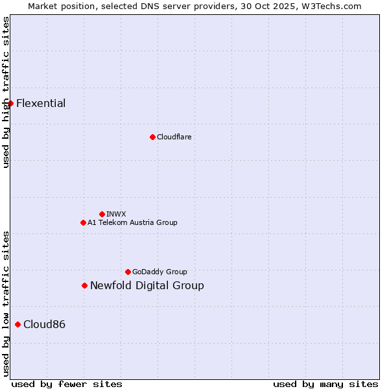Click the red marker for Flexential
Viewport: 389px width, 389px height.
(x=10, y=104)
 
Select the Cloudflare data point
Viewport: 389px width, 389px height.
(x=152, y=137)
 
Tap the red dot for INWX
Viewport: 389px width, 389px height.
(x=102, y=214)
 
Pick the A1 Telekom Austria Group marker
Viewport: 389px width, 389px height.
(x=83, y=222)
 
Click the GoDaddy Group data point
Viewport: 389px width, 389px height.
(x=128, y=272)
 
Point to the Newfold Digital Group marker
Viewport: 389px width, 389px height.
(x=84, y=285)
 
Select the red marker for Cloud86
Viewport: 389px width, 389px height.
(x=18, y=324)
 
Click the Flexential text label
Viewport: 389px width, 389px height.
(x=41, y=104)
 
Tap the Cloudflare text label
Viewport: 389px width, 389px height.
(x=174, y=137)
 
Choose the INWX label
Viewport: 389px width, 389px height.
(x=116, y=214)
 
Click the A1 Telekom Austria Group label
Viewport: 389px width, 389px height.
(x=132, y=222)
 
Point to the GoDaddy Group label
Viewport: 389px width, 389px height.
(x=159, y=272)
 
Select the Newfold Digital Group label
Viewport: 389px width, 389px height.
(x=147, y=286)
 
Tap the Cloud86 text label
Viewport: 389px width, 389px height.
(x=44, y=325)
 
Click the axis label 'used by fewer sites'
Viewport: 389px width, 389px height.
(x=67, y=384)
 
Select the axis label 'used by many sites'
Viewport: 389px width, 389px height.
(x=325, y=384)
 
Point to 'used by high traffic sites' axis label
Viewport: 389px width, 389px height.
(x=6, y=92)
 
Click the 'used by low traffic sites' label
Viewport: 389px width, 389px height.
(x=6, y=303)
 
